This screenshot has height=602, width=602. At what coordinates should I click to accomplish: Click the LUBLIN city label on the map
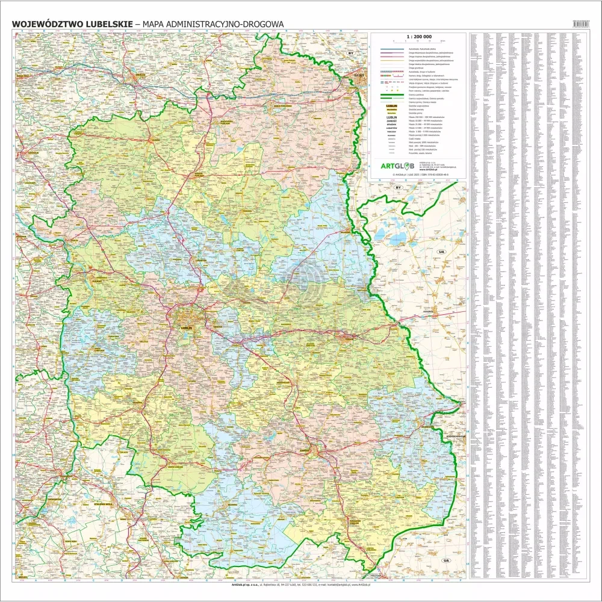pos(185,328)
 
